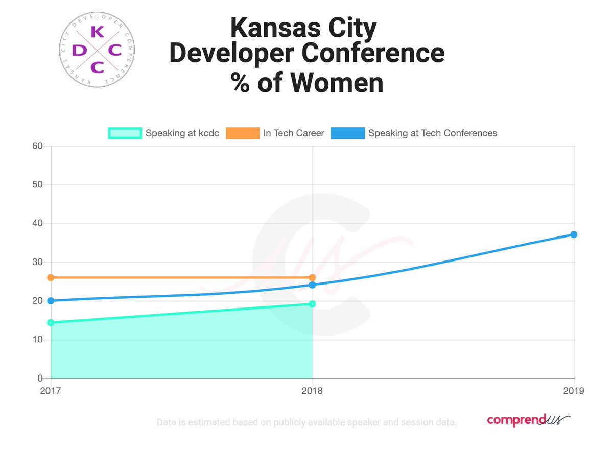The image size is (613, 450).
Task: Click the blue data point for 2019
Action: tap(574, 234)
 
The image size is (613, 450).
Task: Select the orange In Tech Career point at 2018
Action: tap(312, 277)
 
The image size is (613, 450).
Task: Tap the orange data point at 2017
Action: tap(51, 277)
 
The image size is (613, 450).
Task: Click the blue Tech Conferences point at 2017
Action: tap(51, 301)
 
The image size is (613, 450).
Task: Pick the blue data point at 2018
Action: tap(312, 285)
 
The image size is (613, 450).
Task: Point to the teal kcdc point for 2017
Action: tap(51, 322)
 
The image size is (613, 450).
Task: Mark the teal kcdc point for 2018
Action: tap(312, 304)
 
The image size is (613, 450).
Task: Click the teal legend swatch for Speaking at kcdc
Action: tap(125, 133)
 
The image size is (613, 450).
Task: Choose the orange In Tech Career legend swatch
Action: tap(243, 133)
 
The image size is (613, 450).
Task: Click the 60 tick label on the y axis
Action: tap(37, 146)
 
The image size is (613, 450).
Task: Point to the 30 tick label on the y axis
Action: tap(37, 263)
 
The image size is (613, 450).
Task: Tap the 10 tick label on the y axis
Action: tap(37, 340)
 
